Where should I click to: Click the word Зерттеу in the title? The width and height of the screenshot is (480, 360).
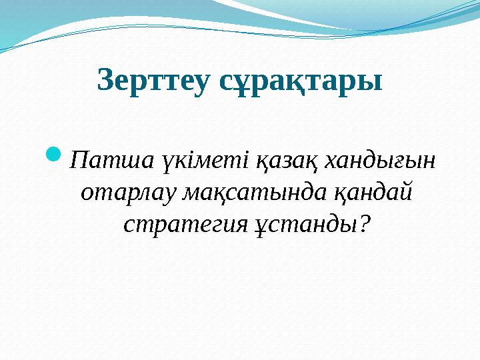coord(153,81)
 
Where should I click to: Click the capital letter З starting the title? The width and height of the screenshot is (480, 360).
coord(104,81)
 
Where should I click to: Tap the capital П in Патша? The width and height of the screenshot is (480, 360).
coord(79,161)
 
